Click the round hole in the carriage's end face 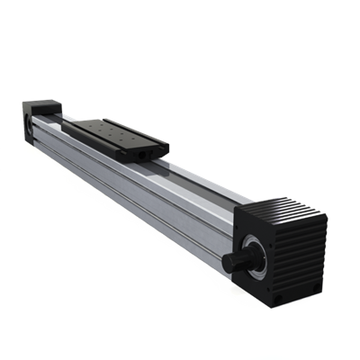coord(144,155)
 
